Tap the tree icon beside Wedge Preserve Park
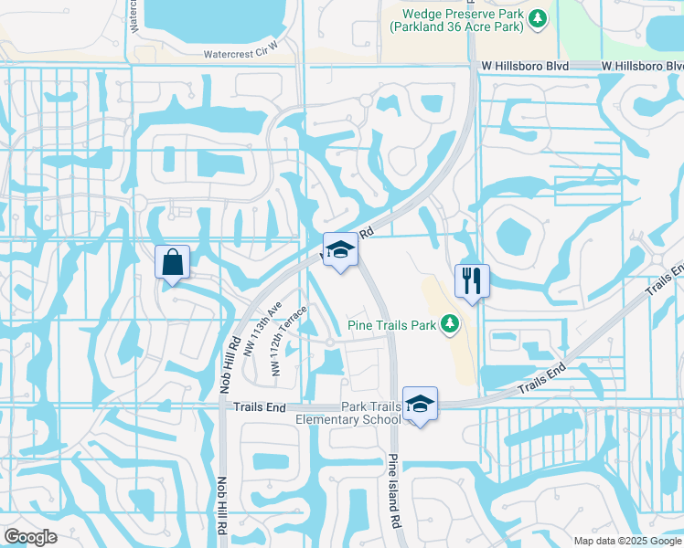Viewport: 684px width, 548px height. (539, 17)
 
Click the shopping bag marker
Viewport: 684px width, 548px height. (172, 263)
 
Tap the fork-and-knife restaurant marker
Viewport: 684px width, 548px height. (472, 281)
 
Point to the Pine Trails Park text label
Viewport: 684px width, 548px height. (391, 323)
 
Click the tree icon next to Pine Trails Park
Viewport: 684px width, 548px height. (449, 323)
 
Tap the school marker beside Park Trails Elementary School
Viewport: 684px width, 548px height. (420, 404)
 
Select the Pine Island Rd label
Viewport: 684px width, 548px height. (395, 490)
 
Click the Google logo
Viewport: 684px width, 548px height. (30, 537)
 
